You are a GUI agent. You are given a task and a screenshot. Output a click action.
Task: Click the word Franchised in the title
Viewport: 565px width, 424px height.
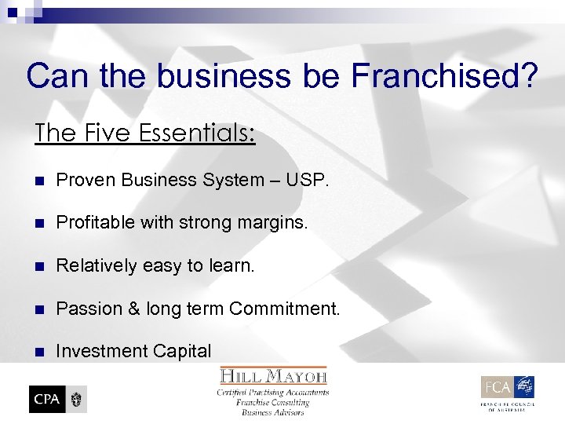click(444, 76)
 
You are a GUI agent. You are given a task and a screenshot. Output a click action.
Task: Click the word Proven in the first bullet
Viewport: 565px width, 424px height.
click(82, 180)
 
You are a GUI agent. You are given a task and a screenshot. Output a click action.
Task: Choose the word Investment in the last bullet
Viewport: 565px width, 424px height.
click(96, 351)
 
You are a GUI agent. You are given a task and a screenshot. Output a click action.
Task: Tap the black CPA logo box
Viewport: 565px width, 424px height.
click(47, 399)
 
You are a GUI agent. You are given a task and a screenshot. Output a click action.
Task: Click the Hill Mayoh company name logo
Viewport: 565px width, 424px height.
click(273, 377)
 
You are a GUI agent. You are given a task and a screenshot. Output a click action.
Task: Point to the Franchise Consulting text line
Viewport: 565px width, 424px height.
click(273, 402)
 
